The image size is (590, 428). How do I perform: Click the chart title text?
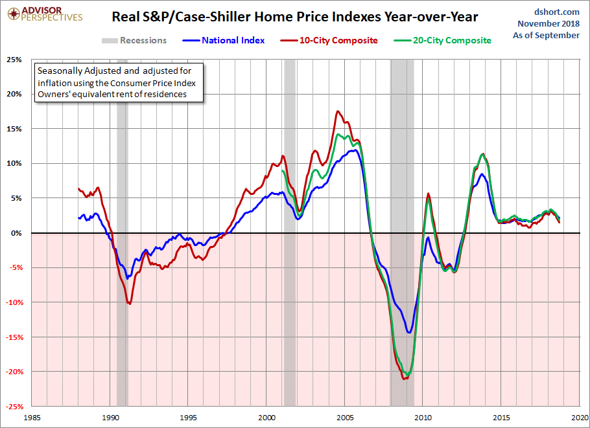click(x=295, y=17)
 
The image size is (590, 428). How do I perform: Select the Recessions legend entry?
click(x=134, y=40)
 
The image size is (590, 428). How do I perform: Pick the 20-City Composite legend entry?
click(x=443, y=40)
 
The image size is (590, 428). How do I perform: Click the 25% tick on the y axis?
click(x=14, y=60)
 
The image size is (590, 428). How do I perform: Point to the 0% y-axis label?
click(x=16, y=233)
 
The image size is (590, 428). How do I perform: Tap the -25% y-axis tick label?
click(x=13, y=407)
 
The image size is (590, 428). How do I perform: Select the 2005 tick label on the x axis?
click(x=345, y=418)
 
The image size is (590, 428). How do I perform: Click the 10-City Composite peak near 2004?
click(x=338, y=111)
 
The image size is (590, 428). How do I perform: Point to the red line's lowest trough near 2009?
click(x=405, y=379)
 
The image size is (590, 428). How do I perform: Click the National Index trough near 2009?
click(x=409, y=332)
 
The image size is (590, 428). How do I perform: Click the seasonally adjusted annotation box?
click(x=118, y=82)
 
